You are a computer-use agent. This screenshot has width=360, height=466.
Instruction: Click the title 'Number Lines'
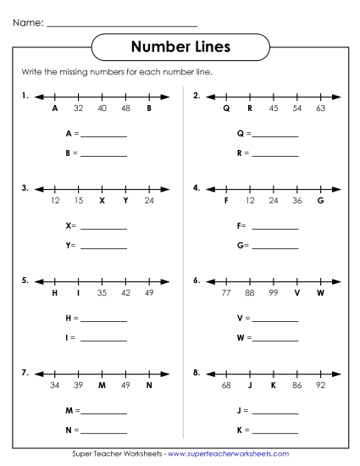[x=180, y=45]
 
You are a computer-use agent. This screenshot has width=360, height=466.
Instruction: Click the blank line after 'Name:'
[x=123, y=23]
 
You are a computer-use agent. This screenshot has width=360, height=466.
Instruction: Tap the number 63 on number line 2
[x=321, y=108]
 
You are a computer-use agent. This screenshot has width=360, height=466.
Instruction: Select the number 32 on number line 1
[x=78, y=108]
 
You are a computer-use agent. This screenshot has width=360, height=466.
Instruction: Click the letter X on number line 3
[x=102, y=201]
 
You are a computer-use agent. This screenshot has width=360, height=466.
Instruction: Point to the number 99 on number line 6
[x=274, y=292]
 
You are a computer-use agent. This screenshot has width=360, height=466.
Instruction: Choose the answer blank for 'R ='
[x=275, y=154]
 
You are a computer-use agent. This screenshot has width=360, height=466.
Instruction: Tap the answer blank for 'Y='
[x=103, y=247]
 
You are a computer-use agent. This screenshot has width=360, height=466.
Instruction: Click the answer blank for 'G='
[x=275, y=247]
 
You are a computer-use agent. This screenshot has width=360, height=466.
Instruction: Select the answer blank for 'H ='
[x=103, y=319]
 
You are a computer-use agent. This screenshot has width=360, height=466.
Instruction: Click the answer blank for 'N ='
[x=103, y=430]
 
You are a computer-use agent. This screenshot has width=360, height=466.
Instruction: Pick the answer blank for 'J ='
[x=275, y=412]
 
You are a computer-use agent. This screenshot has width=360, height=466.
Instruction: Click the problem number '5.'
[x=25, y=279]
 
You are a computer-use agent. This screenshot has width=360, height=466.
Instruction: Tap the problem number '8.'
[x=197, y=371]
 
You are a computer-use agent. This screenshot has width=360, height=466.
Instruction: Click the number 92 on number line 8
[x=321, y=385]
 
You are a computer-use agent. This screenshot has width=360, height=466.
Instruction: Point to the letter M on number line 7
[x=102, y=385]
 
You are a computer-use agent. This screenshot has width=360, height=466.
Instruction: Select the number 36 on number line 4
[x=297, y=201]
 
